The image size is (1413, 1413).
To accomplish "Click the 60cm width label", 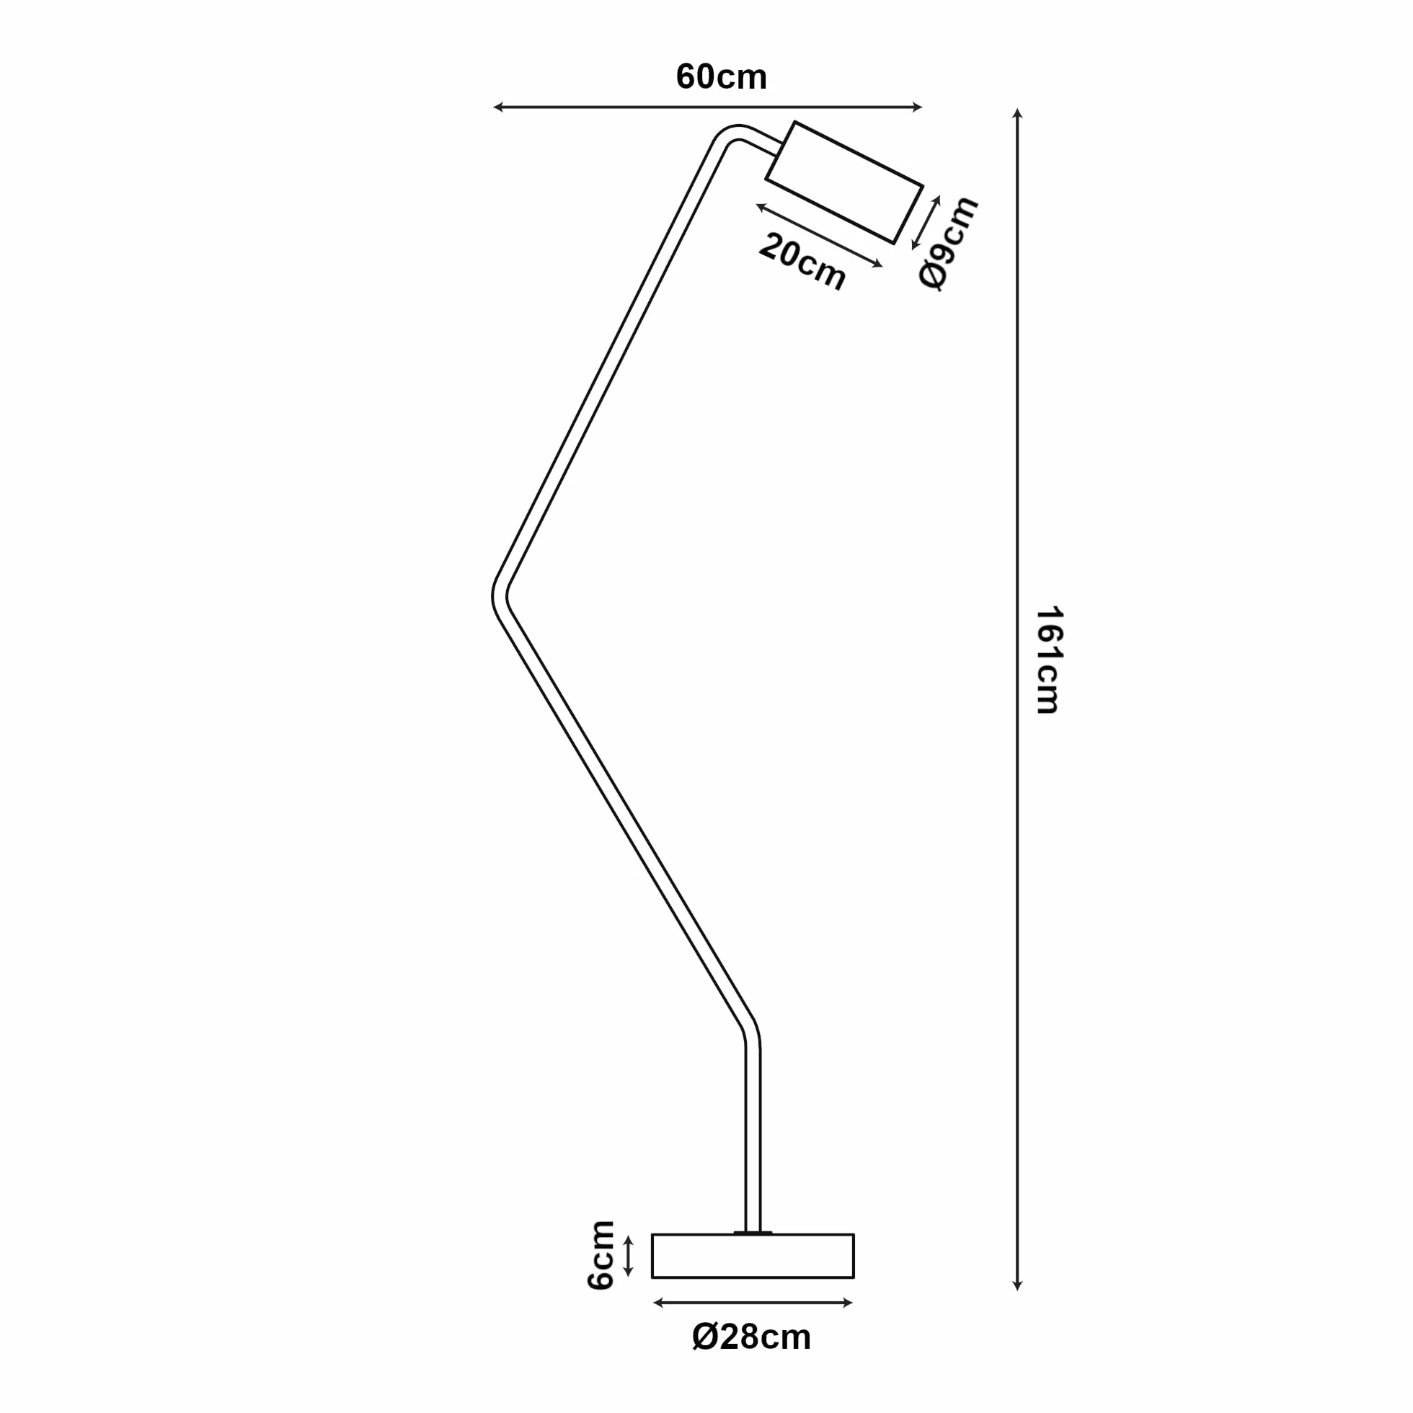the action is point(721,77).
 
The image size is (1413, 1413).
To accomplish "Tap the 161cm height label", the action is point(1047,659).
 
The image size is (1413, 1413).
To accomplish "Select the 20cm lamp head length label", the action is point(802,262).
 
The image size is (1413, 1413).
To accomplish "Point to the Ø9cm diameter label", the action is point(949,242).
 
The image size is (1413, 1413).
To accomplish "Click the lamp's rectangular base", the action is point(753,1256).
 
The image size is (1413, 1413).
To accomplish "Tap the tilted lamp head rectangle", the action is point(844,182).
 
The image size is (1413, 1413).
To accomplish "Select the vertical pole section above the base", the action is point(753,1141).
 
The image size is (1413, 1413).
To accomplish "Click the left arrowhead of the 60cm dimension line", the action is point(498,107).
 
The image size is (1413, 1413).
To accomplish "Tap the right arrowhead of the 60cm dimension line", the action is point(918,107).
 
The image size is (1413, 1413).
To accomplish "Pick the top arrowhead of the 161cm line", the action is point(1016,113).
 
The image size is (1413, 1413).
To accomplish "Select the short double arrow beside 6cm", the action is point(627,1256).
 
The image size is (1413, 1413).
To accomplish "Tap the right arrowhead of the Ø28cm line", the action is point(848,1303).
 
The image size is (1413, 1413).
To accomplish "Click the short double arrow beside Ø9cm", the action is point(925,222).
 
